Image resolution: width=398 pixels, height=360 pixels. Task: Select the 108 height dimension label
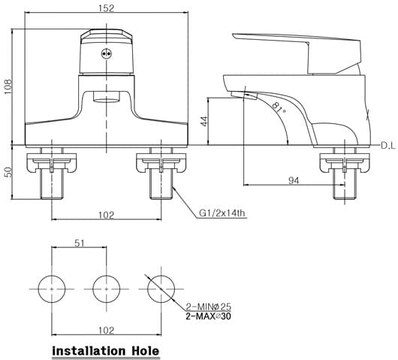point(7,86)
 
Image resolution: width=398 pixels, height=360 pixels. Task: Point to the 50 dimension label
point(7,172)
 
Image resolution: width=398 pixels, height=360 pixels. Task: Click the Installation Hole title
point(105,350)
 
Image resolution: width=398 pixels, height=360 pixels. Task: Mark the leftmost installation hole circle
point(52,288)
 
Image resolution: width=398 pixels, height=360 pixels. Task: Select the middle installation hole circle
point(106,288)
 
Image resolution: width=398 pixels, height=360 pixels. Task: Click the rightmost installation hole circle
point(160,288)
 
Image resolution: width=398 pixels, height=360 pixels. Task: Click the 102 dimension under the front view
point(106,215)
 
